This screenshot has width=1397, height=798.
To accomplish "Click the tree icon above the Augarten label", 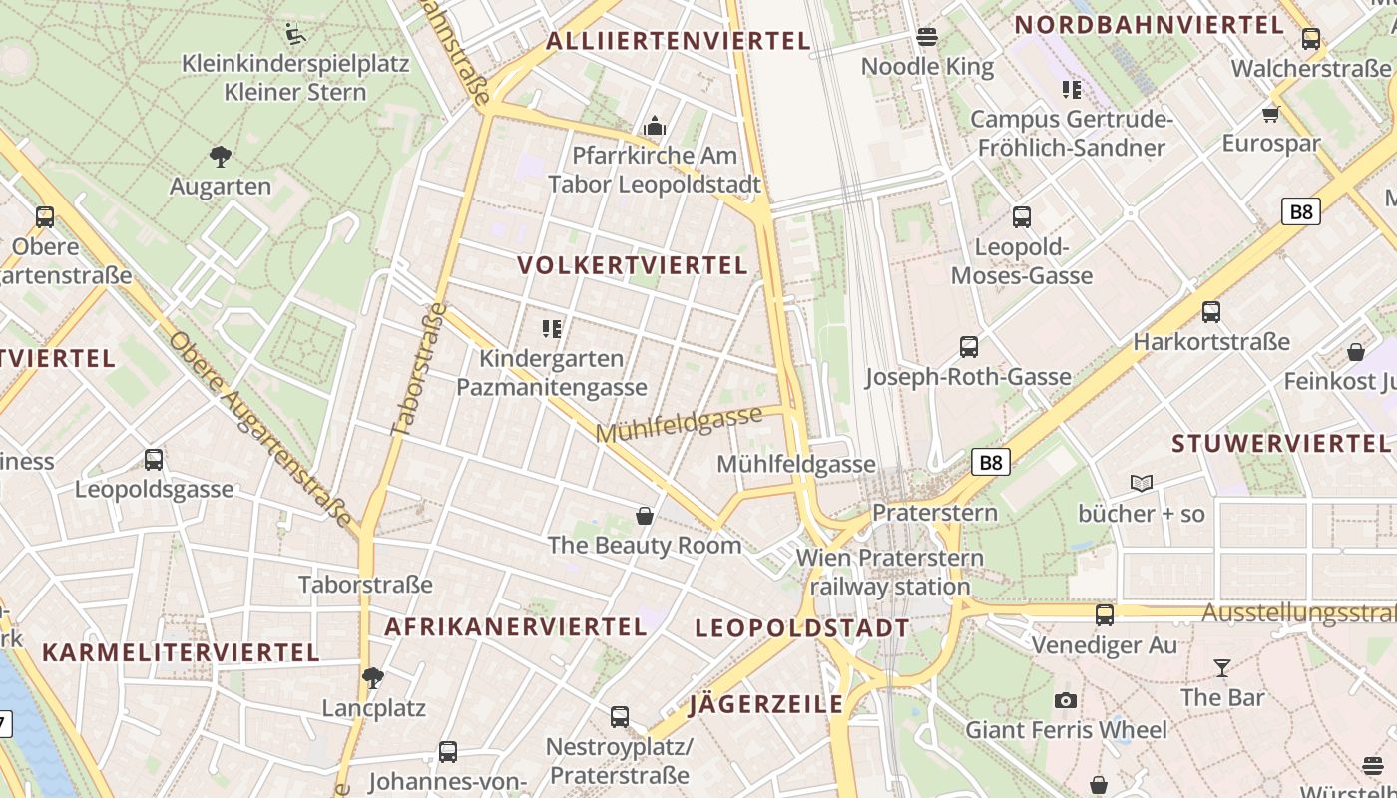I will click(221, 156).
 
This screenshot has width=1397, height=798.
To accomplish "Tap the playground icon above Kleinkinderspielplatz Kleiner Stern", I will click(294, 34).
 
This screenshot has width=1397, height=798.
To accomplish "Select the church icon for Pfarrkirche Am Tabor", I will click(655, 126).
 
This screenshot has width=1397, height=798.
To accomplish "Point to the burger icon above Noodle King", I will click(927, 38).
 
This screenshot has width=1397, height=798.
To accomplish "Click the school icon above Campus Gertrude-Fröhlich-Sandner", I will click(1072, 90).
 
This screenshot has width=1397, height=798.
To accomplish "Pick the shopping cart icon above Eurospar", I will click(1270, 114).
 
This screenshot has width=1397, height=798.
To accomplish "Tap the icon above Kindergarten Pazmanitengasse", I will click(551, 328).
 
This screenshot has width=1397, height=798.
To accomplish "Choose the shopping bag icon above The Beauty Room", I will click(645, 516).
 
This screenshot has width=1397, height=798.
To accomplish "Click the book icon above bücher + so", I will click(1142, 484).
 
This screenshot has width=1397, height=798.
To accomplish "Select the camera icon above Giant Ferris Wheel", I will click(1066, 700).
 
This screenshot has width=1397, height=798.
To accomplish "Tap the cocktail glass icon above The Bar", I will click(1222, 667).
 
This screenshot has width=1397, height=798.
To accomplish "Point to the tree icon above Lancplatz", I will click(373, 678).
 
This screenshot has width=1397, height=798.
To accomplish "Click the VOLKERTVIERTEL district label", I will click(633, 265).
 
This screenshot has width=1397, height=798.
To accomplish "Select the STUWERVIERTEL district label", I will click(1281, 443).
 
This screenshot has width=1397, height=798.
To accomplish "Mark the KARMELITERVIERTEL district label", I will click(181, 652).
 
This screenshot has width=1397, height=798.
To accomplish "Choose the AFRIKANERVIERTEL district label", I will click(516, 626).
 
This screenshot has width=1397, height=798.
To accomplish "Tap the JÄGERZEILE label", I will click(766, 704).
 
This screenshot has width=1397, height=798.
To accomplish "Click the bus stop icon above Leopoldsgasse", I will click(154, 460).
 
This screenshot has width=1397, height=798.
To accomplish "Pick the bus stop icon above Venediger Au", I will click(1105, 615).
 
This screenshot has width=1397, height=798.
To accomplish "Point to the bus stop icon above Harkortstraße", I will click(1211, 312).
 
